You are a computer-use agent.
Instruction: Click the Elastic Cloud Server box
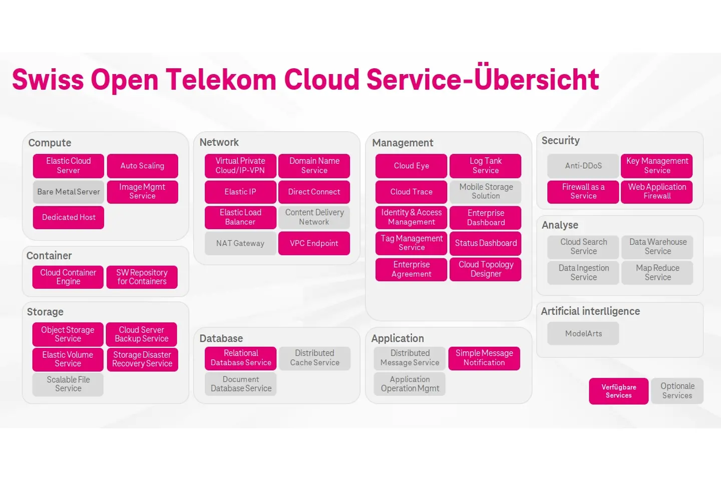point(69,166)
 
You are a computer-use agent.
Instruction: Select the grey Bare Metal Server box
point(69,192)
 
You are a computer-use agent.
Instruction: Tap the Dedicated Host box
point(69,217)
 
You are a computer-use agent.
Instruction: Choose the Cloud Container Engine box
point(68,277)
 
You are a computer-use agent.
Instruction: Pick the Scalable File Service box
point(68,384)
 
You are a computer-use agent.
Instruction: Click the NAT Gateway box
point(240,244)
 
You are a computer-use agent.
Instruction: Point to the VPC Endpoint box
point(314,244)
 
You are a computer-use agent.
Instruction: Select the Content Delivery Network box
point(314,217)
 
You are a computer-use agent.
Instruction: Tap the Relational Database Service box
point(240,358)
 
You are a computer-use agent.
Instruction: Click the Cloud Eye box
point(411,166)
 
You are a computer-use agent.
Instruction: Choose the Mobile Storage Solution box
point(486,191)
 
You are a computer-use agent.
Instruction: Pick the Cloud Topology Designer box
point(486,269)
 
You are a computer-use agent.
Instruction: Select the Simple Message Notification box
point(484,358)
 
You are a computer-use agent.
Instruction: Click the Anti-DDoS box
point(583,166)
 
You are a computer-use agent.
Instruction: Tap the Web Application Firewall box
point(657,191)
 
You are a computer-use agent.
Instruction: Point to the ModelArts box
point(583,334)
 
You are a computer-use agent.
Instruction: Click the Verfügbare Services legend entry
point(619,391)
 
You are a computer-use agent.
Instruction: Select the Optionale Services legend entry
point(677,391)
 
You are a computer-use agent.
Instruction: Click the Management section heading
point(403,143)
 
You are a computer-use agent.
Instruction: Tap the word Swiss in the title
point(48,80)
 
